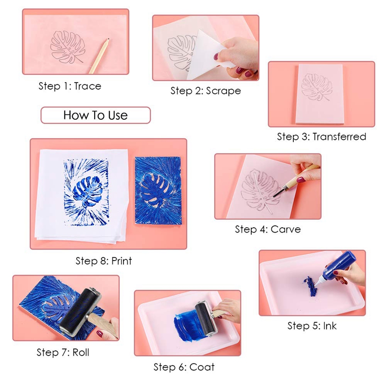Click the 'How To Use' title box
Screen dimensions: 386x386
pyautogui.click(x=96, y=115)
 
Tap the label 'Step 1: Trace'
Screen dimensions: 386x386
pyautogui.click(x=70, y=86)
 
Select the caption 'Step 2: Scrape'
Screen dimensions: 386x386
pyautogui.click(x=206, y=91)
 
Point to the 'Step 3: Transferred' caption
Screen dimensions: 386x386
pyautogui.click(x=321, y=137)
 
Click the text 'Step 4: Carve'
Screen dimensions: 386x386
pyautogui.click(x=268, y=229)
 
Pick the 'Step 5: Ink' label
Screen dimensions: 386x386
pyautogui.click(x=312, y=326)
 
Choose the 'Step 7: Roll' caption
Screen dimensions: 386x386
pyautogui.click(x=63, y=352)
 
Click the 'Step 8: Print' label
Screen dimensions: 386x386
pyautogui.click(x=104, y=261)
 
